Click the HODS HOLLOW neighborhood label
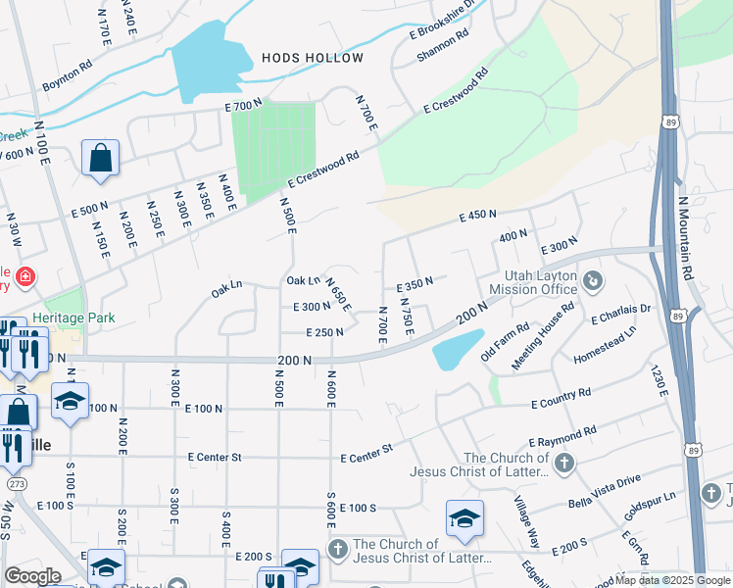click(313, 58)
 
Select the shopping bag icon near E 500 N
click(101, 158)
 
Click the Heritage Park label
click(73, 318)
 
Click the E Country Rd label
click(561, 398)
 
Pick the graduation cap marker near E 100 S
click(464, 518)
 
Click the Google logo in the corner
click(32, 576)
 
